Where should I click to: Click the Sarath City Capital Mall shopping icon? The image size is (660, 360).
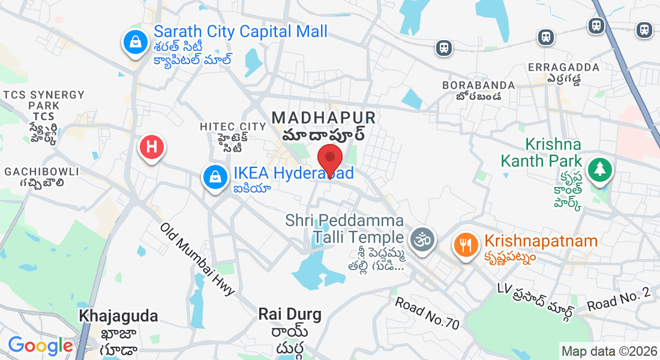(136, 43)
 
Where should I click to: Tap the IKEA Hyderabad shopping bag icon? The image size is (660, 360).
(214, 176)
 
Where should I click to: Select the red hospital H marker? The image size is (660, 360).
(152, 146)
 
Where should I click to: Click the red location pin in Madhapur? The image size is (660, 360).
(329, 158)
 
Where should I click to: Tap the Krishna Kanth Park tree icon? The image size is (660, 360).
(599, 169)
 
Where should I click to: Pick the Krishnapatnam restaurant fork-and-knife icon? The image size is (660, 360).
(466, 244)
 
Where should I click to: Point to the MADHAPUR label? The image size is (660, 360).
(324, 117)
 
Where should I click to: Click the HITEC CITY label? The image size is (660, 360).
(233, 127)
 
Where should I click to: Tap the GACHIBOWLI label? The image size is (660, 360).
(41, 172)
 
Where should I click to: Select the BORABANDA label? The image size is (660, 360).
(479, 85)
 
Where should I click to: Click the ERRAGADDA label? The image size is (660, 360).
(563, 67)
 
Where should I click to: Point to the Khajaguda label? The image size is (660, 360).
(119, 316)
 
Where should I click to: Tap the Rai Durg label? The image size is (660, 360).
(290, 314)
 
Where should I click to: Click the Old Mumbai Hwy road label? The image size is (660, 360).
(197, 259)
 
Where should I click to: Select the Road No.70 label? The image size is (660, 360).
(427, 313)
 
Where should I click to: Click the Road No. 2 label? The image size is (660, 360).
(619, 299)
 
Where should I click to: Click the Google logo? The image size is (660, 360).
(40, 346)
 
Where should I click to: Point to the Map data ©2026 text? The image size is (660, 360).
(608, 351)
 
